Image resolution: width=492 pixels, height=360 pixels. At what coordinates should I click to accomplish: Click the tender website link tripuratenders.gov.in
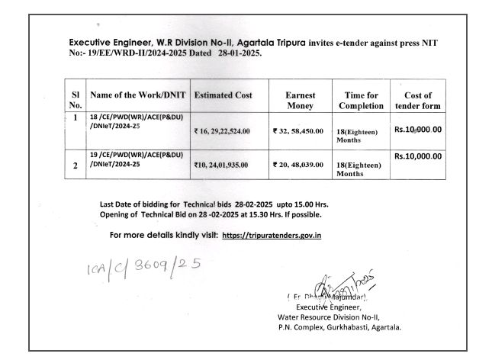tap(272, 235)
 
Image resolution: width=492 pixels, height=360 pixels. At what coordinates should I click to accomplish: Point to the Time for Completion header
tap(361, 100)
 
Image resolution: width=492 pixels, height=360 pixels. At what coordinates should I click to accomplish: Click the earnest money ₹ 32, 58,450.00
tap(298, 131)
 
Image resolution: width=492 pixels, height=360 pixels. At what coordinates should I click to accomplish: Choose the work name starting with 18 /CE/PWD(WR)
tap(137, 122)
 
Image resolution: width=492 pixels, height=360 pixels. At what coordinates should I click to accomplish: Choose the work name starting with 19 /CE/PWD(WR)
tap(137, 159)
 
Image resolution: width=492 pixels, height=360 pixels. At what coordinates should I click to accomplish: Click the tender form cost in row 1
tap(418, 129)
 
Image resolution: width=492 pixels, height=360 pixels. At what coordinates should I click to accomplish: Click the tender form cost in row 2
tap(418, 156)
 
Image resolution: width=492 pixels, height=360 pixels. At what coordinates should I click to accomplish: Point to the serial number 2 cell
tap(76, 164)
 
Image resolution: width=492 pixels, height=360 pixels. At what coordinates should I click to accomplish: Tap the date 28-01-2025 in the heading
tap(238, 53)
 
